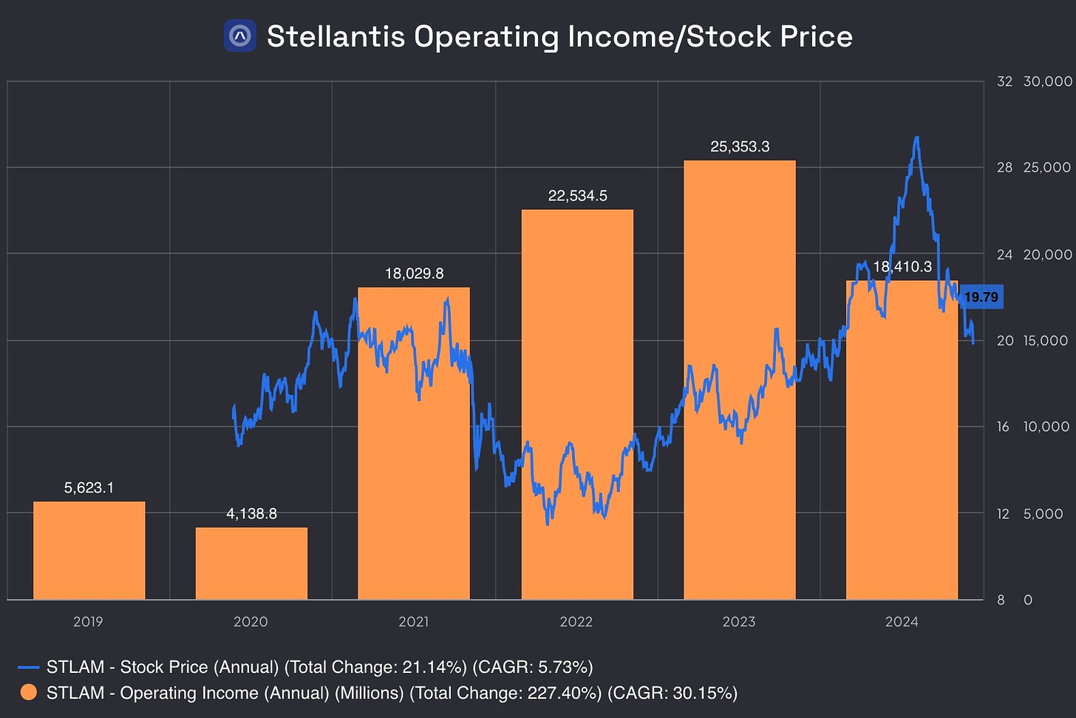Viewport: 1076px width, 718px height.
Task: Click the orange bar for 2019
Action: coord(89,550)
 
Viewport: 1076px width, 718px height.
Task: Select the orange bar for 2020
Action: coord(251,563)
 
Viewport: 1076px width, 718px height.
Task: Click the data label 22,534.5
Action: coord(577,196)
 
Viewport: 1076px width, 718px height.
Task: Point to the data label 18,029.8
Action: coord(414,274)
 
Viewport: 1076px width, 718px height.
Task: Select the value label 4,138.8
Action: coord(251,514)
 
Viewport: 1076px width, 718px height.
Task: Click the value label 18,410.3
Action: coord(902,267)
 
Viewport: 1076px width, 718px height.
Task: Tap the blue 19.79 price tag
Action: coord(981,297)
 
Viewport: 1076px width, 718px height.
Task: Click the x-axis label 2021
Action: coord(413,622)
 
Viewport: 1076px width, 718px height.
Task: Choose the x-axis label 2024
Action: coord(902,622)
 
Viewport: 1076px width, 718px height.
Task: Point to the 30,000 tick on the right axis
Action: coord(1047,81)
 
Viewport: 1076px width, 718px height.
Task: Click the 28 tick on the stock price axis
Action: coord(1004,168)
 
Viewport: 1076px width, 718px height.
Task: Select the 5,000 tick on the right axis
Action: coord(1043,514)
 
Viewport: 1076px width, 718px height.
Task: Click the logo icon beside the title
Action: coord(240,35)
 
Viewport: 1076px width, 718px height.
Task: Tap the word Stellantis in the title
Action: coord(336,36)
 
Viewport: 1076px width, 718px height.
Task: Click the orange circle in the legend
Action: coord(28,693)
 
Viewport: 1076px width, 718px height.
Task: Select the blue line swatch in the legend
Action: coord(28,667)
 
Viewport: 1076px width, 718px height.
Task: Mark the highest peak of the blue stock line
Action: coord(916,138)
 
